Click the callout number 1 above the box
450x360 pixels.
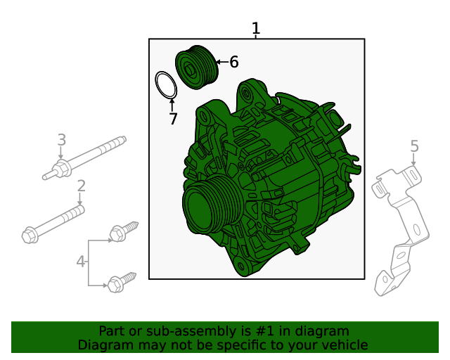[x=256, y=28]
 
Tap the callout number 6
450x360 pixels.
[x=234, y=62]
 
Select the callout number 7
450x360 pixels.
[x=173, y=119]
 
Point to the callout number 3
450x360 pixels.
[x=62, y=140]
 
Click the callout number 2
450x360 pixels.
[x=82, y=186]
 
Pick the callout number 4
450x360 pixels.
[x=81, y=262]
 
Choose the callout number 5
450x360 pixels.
[x=414, y=146]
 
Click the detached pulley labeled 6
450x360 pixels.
[x=197, y=67]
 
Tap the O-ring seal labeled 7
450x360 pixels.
[x=166, y=85]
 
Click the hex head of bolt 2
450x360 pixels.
[x=30, y=236]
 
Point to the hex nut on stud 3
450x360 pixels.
[x=62, y=169]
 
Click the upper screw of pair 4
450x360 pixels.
[x=124, y=231]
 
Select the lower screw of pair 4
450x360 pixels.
[x=122, y=282]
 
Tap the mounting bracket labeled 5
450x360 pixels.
[x=400, y=230]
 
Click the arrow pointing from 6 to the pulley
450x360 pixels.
[x=222, y=62]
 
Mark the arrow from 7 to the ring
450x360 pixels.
[x=172, y=105]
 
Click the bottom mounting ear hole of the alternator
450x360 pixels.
[x=240, y=266]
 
